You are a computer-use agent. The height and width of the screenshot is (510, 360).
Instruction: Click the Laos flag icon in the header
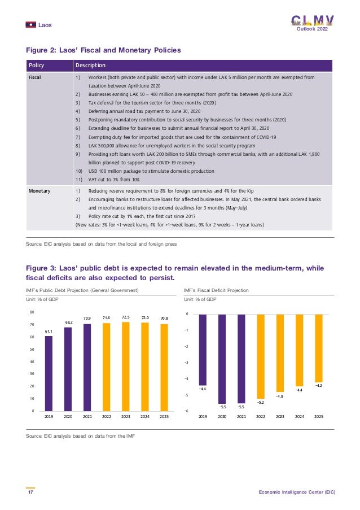coord(31,24)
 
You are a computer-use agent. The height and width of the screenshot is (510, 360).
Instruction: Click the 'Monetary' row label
coord(39,191)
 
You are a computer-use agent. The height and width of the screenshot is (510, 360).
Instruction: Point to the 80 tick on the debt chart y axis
coord(32,312)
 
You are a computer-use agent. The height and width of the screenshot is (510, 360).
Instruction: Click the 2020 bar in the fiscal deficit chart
coord(222,358)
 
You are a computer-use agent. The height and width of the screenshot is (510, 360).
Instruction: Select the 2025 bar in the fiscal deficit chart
coord(318,348)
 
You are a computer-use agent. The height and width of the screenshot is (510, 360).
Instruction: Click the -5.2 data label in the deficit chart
coord(261,402)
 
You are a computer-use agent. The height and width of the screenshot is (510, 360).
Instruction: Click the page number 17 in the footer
coord(30,492)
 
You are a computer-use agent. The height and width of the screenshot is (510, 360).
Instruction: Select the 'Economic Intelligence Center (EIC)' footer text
coord(297,492)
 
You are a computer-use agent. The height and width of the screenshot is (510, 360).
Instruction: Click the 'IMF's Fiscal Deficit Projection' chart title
coord(216,290)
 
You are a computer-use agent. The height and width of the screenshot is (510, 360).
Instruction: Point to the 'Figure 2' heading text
coord(103,50)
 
